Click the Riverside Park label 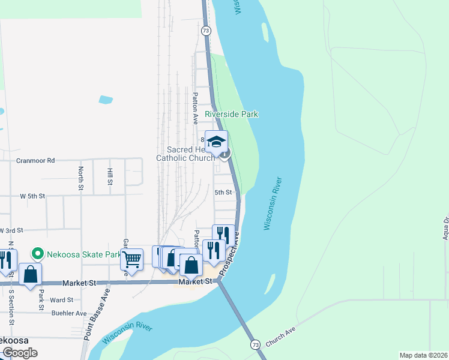[231, 114]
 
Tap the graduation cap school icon [216, 142]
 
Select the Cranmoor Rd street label [35, 161]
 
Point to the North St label [80, 179]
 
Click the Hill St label [110, 176]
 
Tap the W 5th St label [32, 196]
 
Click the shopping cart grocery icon [131, 259]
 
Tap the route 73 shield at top [206, 29]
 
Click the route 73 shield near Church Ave [256, 344]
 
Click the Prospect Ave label [229, 254]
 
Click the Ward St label [62, 299]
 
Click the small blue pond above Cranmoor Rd [106, 100]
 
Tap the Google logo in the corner [19, 353]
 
